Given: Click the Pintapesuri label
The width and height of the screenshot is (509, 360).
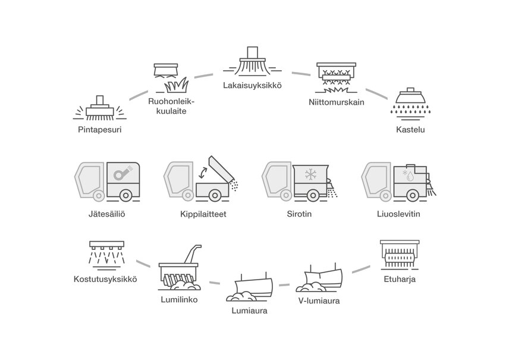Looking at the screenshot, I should (x=99, y=129).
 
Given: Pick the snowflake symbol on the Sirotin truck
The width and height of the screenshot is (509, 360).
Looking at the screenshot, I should (x=310, y=175).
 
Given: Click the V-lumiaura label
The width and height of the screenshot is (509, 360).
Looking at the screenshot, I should (x=319, y=301).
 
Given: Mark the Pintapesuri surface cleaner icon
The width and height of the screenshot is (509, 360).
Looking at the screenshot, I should (x=99, y=107).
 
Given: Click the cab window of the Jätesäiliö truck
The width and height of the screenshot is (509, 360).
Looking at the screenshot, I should (x=87, y=178).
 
